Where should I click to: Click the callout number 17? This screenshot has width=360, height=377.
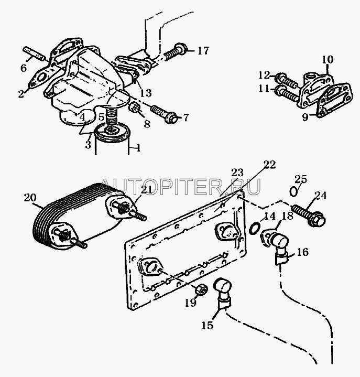(203, 51)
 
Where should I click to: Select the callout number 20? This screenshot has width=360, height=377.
(30, 198)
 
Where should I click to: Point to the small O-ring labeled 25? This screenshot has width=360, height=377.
(293, 192)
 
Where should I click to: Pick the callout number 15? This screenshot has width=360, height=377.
(207, 326)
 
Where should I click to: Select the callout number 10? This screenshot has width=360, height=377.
(328, 59)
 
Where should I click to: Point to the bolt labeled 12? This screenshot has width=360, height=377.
(287, 81)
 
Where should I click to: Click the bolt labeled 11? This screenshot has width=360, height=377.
(287, 94)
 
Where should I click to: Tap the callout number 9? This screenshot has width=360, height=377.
(305, 117)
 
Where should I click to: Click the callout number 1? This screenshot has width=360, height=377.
(137, 148)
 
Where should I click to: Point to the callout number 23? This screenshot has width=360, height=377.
(237, 173)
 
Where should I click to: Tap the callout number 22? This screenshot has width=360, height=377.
(269, 165)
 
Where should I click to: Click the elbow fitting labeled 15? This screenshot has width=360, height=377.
(223, 294)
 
